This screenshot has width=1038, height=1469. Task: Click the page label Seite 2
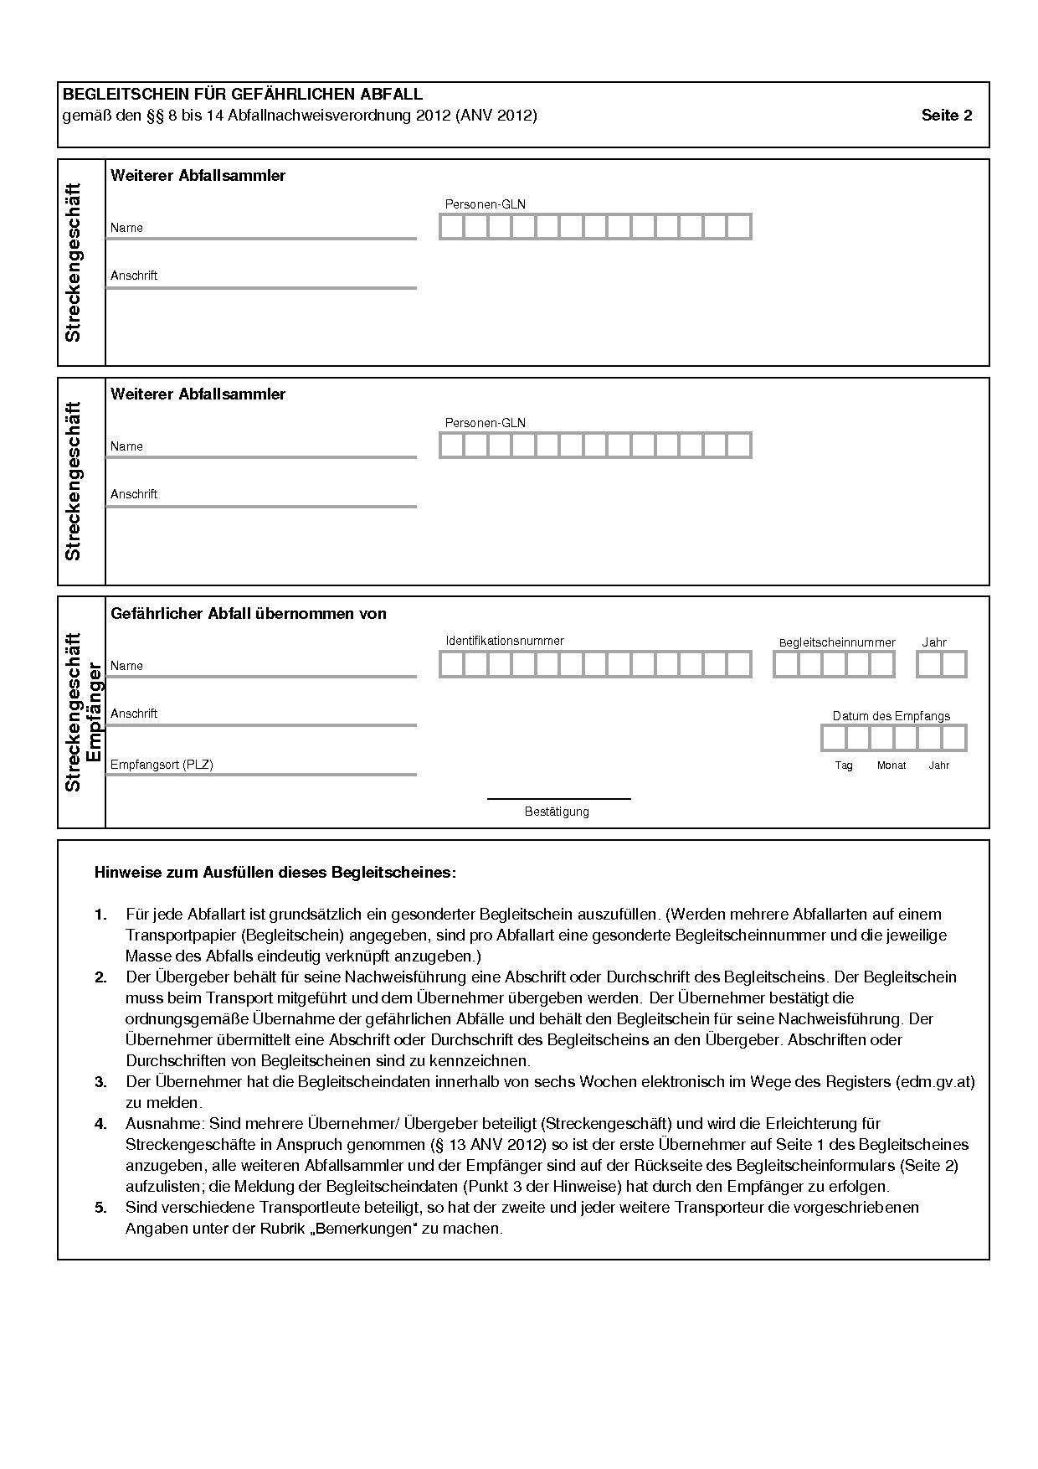pos(946,116)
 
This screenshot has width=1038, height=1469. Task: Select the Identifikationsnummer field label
pos(504,641)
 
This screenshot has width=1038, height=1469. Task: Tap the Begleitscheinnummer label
pos(836,642)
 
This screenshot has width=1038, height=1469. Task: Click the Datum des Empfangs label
pos(891,716)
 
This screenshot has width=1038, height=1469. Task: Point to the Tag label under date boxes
pos(843,765)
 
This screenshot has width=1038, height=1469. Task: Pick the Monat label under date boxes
pos(891,765)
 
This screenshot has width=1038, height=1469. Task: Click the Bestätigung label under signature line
pos(557,812)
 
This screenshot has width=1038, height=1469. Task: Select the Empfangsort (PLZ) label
pos(162,765)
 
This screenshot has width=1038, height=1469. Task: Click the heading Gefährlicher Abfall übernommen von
pos(248,614)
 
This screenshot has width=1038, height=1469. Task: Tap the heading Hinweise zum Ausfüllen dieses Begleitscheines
pos(275,873)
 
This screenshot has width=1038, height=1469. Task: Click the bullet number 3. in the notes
pos(100,1082)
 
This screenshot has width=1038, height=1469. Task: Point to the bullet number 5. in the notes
pos(100,1208)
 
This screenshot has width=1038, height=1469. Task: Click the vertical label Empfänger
pos(94,712)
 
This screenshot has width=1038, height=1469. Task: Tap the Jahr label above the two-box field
pos(933,642)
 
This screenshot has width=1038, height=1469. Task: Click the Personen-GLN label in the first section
pos(485,204)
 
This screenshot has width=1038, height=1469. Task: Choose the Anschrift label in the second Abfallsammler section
pos(134,494)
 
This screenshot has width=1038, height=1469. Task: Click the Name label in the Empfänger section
pos(126,666)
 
